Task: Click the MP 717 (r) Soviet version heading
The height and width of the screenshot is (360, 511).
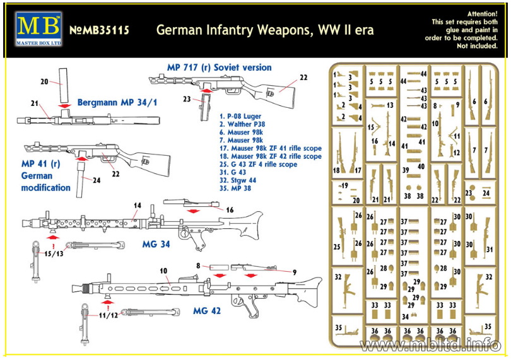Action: click(x=219, y=67)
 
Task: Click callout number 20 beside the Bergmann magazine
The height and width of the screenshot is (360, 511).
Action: click(x=44, y=81)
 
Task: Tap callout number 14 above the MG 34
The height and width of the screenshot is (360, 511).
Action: click(x=137, y=206)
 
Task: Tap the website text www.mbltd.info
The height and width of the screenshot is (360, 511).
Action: click(x=430, y=344)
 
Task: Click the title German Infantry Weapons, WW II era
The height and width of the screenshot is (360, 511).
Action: click(x=265, y=30)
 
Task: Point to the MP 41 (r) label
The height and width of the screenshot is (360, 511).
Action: click(x=40, y=163)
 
